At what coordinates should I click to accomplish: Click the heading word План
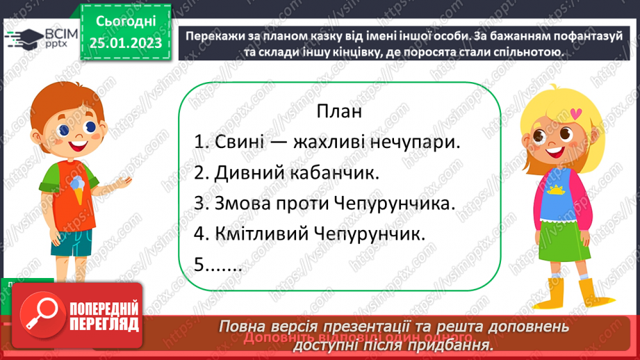[x=340, y=111]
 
